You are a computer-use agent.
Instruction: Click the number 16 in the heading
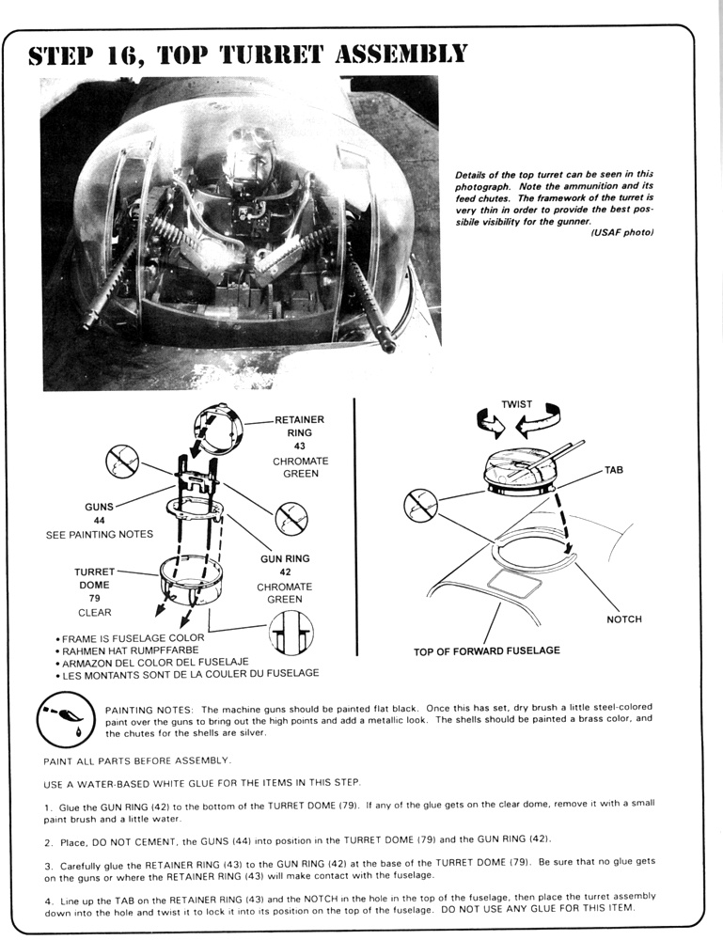point(130,55)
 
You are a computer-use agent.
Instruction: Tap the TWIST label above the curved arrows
point(516,404)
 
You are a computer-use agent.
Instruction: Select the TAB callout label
point(614,469)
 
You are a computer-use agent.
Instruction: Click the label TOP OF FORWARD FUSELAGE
point(486,650)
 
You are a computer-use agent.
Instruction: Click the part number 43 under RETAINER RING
point(300,446)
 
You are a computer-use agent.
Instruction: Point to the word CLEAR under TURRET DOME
point(95,612)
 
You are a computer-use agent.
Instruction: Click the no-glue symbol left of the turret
point(419,506)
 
